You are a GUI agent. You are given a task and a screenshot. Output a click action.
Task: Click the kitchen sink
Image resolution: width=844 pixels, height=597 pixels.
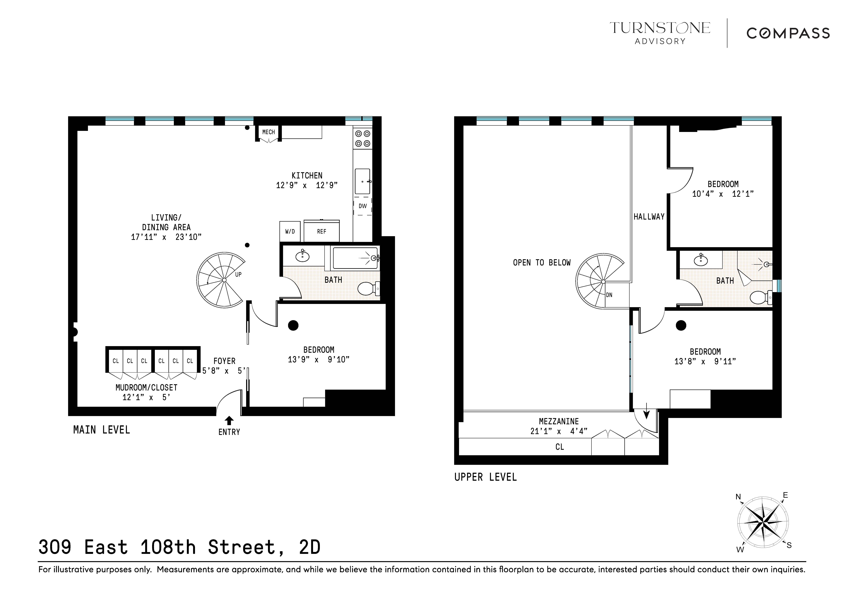362,181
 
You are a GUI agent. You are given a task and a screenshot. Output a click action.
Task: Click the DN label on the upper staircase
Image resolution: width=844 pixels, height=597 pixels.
609,295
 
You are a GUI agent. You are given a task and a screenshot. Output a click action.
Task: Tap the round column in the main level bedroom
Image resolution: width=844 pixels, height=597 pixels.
293,325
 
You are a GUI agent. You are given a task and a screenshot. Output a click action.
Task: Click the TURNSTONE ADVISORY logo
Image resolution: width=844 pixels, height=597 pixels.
660,33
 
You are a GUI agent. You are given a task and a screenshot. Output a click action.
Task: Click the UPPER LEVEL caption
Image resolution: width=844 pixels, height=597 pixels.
485,477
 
